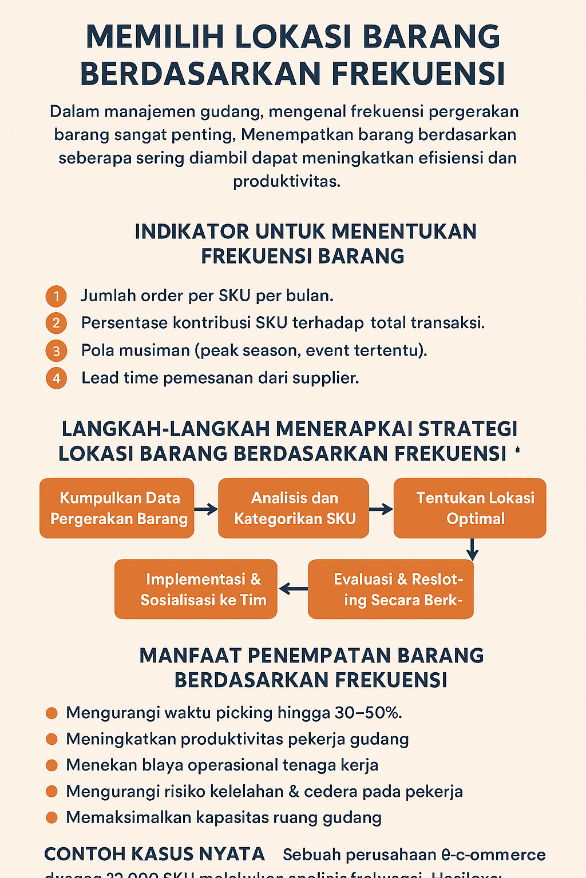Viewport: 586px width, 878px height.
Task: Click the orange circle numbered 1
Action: click(56, 296)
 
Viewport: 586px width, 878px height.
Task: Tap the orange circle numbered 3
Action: click(56, 350)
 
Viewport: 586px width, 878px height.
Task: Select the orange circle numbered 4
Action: click(56, 378)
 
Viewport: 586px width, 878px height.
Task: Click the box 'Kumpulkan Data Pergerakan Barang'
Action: click(117, 508)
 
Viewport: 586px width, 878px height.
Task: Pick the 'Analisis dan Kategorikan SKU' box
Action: click(294, 508)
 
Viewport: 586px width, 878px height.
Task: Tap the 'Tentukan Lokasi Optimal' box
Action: click(470, 508)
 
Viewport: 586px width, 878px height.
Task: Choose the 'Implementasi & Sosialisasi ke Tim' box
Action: click(196, 589)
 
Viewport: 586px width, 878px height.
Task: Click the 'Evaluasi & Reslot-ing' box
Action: click(391, 589)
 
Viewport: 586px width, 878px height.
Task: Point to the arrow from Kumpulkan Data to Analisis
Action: click(206, 509)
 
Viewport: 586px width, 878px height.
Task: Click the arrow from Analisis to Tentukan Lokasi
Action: click(381, 509)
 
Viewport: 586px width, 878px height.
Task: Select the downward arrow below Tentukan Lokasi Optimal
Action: click(472, 549)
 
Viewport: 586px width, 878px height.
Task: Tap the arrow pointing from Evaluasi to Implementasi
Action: click(293, 589)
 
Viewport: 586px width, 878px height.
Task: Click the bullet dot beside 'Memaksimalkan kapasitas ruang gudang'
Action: click(52, 817)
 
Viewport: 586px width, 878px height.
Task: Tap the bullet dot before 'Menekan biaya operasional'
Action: click(52, 765)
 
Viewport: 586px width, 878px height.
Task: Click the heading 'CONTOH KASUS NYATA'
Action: click(155, 854)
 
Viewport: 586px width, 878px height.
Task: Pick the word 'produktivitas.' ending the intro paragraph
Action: click(287, 181)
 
